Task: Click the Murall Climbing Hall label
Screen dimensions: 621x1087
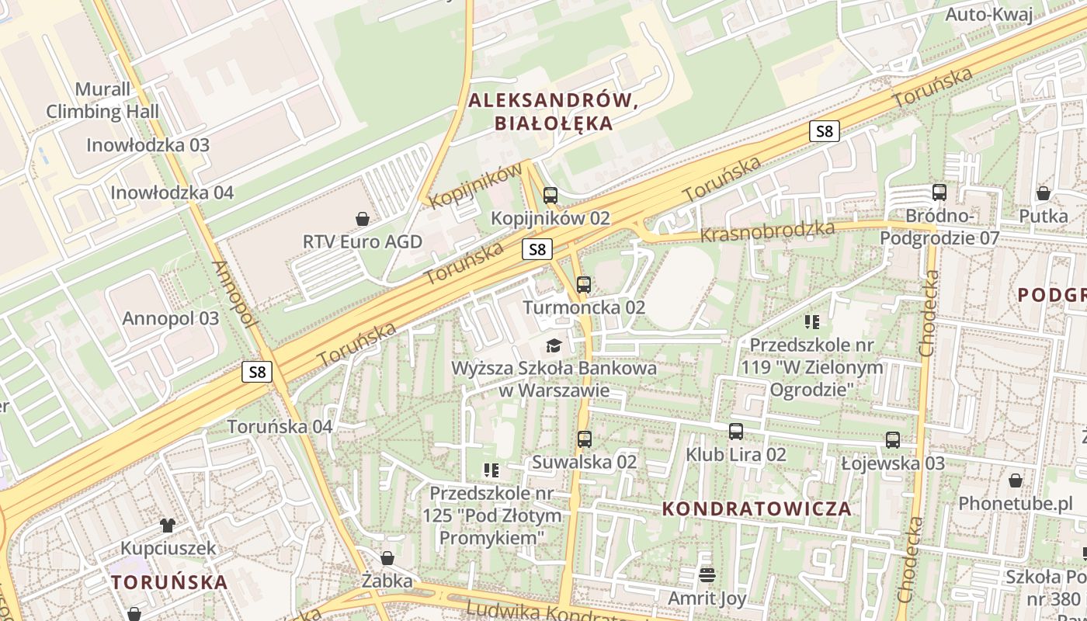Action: (102, 101)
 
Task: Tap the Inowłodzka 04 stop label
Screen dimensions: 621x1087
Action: (172, 193)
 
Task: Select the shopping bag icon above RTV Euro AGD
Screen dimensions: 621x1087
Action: (362, 218)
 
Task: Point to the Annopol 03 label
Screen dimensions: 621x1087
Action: (171, 318)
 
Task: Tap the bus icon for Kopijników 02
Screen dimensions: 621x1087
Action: (550, 195)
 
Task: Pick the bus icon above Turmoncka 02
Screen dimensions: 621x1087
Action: (584, 284)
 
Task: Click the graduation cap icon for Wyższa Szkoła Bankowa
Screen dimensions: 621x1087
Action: (554, 345)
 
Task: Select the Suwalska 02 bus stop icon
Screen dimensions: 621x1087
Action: (585, 439)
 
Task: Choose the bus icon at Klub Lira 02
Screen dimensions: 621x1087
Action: (736, 432)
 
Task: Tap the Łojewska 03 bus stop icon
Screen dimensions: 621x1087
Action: (893, 440)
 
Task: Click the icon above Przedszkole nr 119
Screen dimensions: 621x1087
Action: (813, 321)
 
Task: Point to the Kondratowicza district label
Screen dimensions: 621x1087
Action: (757, 509)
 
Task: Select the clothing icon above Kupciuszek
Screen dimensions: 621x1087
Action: (168, 525)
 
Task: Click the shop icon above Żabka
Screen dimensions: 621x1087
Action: (387, 558)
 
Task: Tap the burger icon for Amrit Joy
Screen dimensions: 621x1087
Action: (707, 575)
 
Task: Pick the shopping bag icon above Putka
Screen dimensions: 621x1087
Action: (1044, 193)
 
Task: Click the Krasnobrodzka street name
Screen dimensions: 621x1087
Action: (767, 231)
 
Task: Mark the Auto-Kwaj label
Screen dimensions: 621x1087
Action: (989, 15)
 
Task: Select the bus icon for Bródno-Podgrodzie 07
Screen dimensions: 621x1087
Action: (939, 193)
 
